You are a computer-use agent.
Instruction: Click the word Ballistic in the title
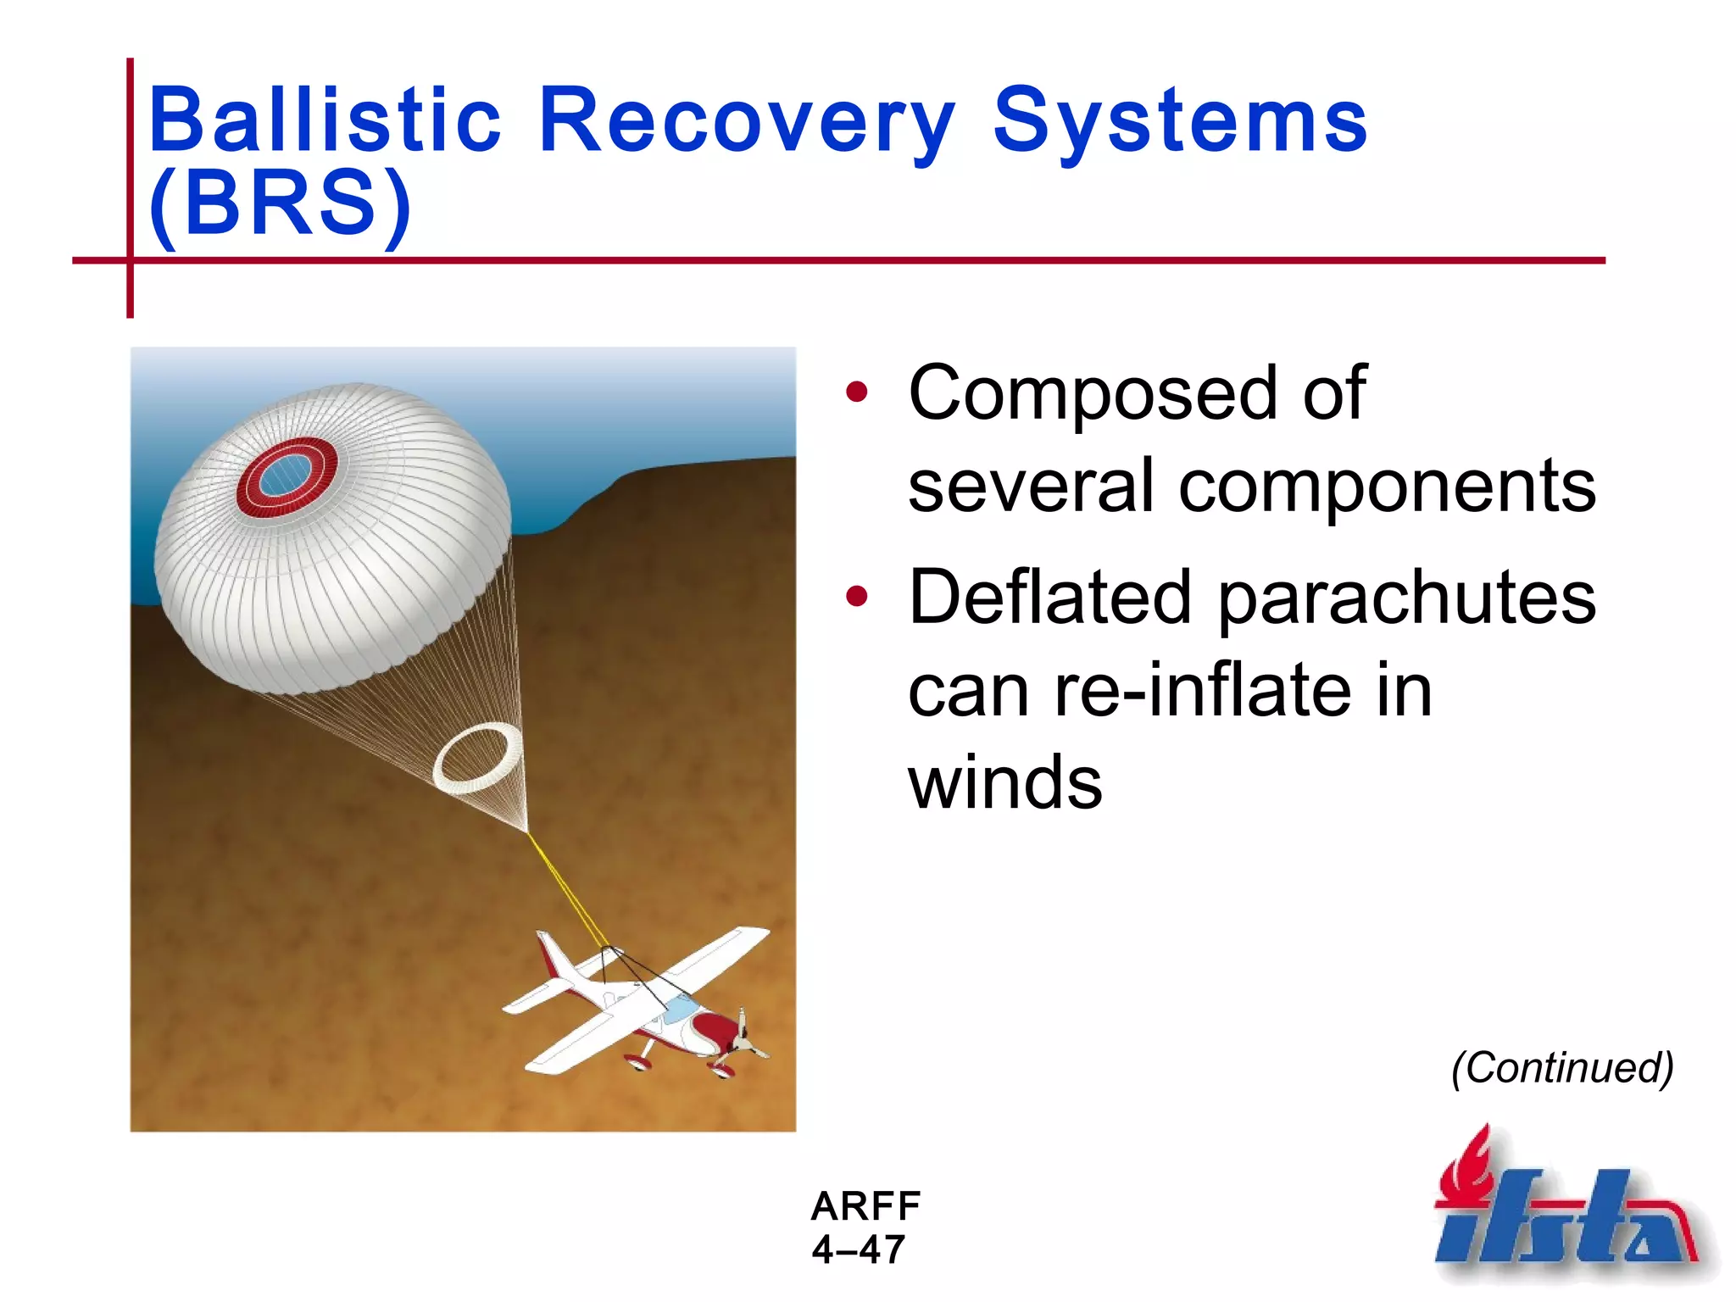[x=325, y=120]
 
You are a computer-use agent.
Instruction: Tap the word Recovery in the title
[x=747, y=120]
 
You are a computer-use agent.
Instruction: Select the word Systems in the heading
[x=1179, y=120]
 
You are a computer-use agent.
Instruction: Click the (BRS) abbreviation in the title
[x=280, y=203]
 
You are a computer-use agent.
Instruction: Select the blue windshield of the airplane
[x=681, y=1009]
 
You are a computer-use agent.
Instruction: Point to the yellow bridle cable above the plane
[x=566, y=890]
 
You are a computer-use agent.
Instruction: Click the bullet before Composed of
[x=857, y=392]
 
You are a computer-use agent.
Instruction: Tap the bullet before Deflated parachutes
[x=857, y=596]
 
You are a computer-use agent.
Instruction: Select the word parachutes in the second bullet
[x=1406, y=598]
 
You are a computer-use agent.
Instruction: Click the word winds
[x=1004, y=782]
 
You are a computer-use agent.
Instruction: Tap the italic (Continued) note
[x=1562, y=1067]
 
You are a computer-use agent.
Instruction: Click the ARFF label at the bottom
[x=865, y=1205]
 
